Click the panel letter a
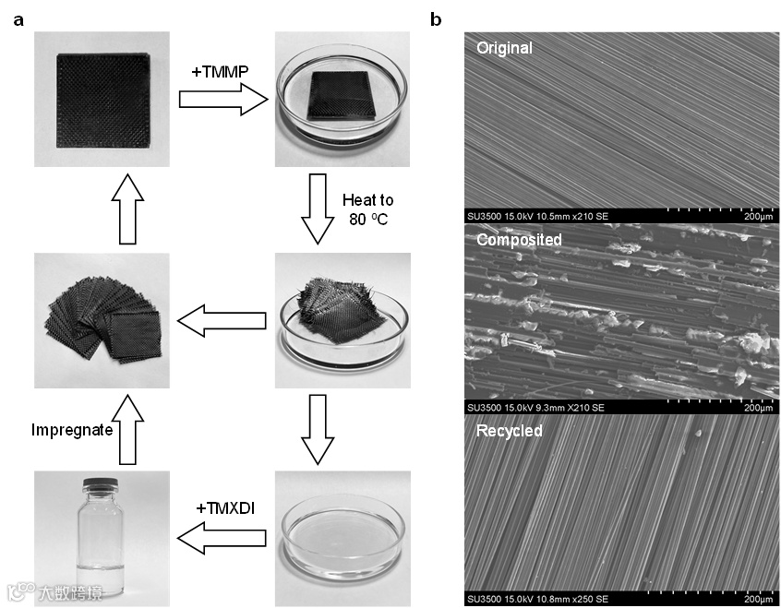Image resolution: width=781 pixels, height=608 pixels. (x=18, y=18)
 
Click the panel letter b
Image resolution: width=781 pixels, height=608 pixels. (x=437, y=18)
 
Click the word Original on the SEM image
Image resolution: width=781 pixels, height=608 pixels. (x=504, y=48)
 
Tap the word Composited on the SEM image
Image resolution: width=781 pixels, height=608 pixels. (x=519, y=240)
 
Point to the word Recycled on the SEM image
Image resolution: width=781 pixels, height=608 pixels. (x=509, y=431)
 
